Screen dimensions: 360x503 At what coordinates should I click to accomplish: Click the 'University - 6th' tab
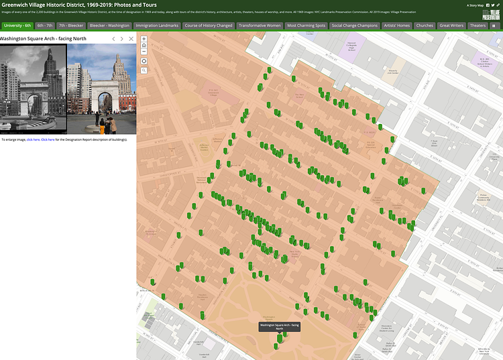pos(17,25)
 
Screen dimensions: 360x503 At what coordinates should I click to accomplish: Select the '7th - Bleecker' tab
pos(70,25)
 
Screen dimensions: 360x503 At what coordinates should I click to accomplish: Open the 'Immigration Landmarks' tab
pos(157,25)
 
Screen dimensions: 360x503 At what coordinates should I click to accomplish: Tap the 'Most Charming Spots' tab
pos(306,25)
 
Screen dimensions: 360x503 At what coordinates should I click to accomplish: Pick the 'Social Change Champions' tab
pos(355,25)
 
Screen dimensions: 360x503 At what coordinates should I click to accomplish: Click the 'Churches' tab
pos(425,25)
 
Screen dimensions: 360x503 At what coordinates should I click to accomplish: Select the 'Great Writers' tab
pos(451,25)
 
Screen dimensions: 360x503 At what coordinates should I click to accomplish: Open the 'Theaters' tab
pos(478,25)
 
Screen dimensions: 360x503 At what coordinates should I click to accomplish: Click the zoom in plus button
pos(144,39)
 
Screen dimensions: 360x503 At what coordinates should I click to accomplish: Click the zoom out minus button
pos(144,51)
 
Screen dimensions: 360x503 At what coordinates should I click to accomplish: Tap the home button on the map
pos(144,45)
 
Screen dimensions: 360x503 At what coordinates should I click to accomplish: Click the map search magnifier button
pos(144,70)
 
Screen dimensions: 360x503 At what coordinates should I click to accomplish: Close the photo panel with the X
pos(131,39)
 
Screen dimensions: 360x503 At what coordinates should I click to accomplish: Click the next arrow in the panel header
pos(121,39)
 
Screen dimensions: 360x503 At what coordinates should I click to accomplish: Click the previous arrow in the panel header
pos(113,39)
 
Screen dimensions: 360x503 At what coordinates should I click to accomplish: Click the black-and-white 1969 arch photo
pos(33,89)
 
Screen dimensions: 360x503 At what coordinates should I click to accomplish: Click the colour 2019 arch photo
pos(102,89)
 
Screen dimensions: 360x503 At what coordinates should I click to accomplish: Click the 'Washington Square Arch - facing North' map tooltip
pos(279,326)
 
